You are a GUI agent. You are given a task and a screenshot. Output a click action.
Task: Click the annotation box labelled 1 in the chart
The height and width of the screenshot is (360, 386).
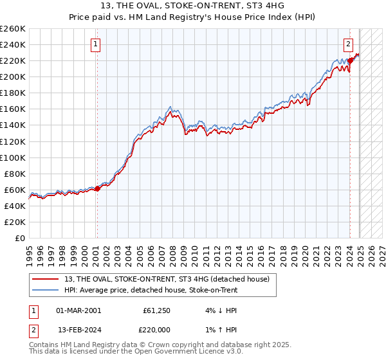pyautogui.click(x=95, y=44)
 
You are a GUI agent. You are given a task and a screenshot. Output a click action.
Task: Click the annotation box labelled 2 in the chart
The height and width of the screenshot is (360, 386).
pyautogui.click(x=347, y=44)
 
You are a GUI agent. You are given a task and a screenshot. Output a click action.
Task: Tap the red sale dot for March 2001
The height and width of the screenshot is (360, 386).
pyautogui.click(x=98, y=188)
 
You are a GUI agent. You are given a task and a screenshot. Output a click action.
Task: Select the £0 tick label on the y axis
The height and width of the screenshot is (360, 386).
pyautogui.click(x=21, y=238)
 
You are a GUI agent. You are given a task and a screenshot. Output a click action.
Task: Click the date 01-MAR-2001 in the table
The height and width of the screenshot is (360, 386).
pyautogui.click(x=78, y=310)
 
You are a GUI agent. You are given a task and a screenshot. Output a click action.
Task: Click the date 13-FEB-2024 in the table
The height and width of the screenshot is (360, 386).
pyautogui.click(x=78, y=330)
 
